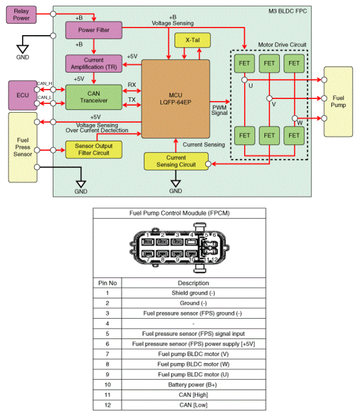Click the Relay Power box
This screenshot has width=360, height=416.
coord(21,14)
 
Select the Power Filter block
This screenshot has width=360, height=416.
coord(93,30)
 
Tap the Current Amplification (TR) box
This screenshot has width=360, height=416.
coord(93,63)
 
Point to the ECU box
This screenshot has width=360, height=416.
coord(22,95)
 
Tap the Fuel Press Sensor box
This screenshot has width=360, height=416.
coord(22,147)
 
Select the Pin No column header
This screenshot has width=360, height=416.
coord(108,283)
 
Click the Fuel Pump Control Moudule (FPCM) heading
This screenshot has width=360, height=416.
coord(179,213)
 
